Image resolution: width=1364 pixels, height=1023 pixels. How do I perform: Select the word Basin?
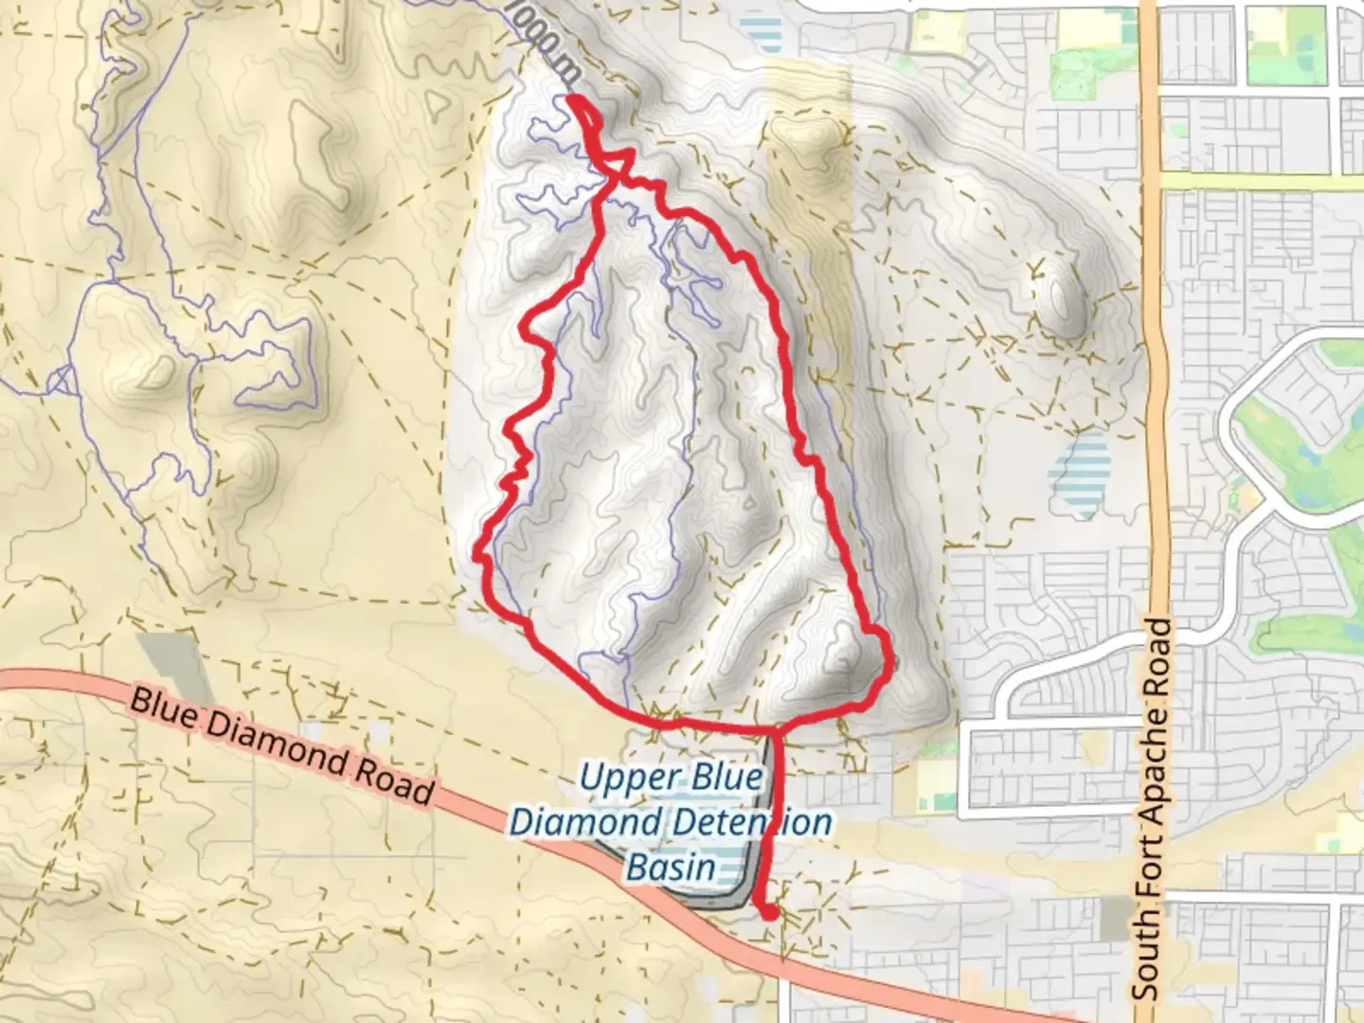coord(671,866)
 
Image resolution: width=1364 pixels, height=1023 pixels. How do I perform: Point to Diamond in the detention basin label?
coord(572,821)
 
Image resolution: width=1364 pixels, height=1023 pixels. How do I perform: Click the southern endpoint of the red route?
coord(771,913)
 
